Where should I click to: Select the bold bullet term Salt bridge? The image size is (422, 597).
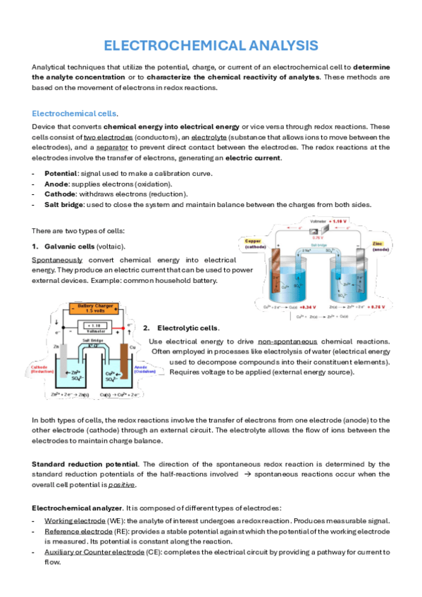pyautogui.click(x=66, y=204)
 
